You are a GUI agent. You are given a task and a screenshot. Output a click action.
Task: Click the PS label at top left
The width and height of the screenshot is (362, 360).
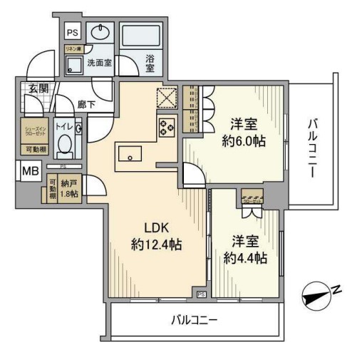(x=72, y=33)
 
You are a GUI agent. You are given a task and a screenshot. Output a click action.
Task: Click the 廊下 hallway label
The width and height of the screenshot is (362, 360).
(x=86, y=103)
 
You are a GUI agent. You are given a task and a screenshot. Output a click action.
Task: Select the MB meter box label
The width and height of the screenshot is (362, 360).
(x=30, y=172)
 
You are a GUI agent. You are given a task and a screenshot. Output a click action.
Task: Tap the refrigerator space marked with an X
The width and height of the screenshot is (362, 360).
(x=167, y=97)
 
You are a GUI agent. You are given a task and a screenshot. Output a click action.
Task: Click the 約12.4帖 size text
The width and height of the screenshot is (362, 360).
(x=156, y=245)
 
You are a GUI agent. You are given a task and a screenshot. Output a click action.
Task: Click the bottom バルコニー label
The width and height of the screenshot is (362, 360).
(x=195, y=320)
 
